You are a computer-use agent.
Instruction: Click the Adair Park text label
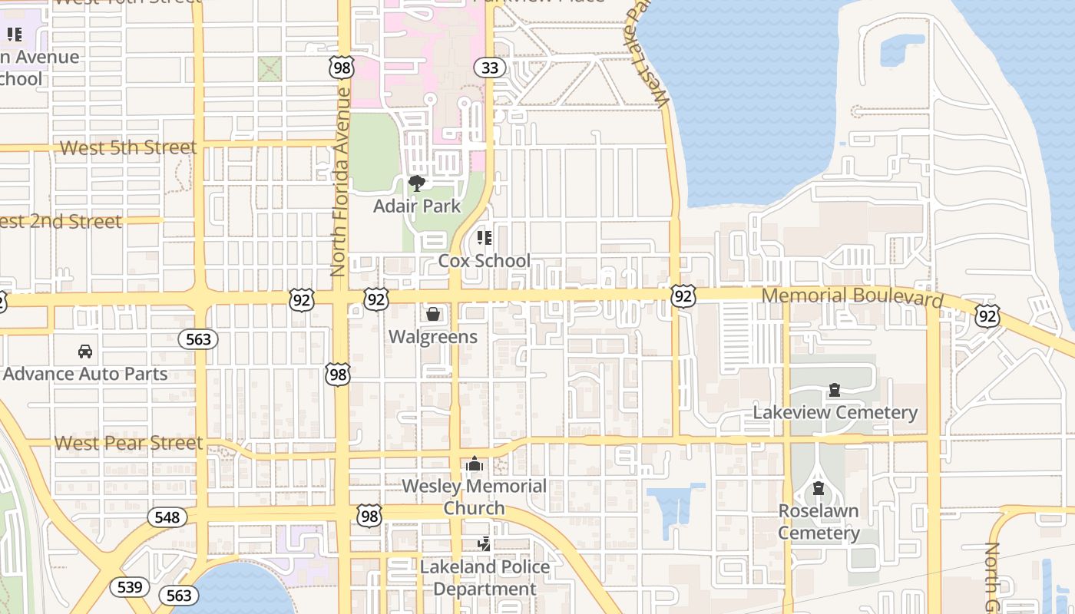[x=417, y=206]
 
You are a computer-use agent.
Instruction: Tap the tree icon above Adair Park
[x=417, y=183]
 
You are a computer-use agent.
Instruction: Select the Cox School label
[x=484, y=261]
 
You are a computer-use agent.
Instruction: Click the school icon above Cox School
[x=484, y=238]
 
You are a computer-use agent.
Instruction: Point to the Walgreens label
[x=432, y=337]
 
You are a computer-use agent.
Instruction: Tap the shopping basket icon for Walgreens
[x=433, y=314]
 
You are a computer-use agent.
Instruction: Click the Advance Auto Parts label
[x=85, y=375]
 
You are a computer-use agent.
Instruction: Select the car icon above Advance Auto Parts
[x=85, y=352]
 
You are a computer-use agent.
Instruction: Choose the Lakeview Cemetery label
[x=835, y=413]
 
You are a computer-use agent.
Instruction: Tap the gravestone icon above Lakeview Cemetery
[x=835, y=391]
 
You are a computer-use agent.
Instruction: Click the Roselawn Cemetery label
[x=819, y=522]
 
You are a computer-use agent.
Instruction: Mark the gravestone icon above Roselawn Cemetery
[x=819, y=488]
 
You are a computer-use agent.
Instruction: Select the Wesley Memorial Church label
[x=474, y=497]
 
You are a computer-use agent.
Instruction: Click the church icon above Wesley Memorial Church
[x=475, y=464]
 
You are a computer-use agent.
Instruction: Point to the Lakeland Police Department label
[x=485, y=578]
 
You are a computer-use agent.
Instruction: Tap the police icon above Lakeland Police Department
[x=485, y=544]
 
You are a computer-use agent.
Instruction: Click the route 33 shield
[x=489, y=68]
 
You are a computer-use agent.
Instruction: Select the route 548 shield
[x=167, y=517]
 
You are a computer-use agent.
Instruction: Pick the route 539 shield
[x=130, y=587]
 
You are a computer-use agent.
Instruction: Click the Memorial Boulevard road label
[x=852, y=296]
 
